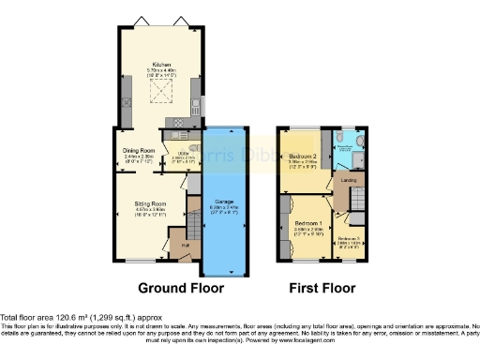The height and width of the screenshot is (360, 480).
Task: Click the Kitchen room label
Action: pyautogui.click(x=162, y=65)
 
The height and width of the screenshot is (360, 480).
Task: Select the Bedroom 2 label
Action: pyautogui.click(x=304, y=156)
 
